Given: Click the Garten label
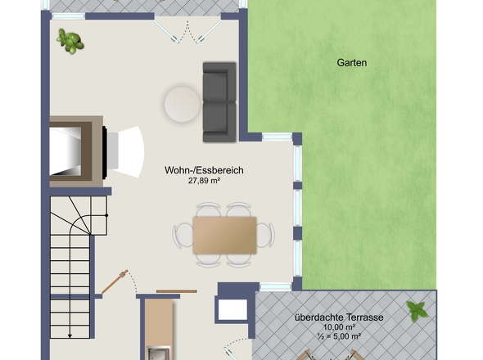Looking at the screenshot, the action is (351, 63).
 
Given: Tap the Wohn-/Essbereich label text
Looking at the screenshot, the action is (204, 170).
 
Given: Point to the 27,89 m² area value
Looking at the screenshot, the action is (204, 181).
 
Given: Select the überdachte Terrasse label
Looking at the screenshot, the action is (339, 317).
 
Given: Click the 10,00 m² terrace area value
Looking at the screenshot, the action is (339, 327).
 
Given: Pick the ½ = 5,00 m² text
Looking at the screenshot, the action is (339, 336).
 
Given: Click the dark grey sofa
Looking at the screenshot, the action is (219, 102).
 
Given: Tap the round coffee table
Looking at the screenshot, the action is (182, 104).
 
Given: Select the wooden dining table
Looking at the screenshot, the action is (224, 236).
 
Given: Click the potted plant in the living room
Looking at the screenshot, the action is (70, 41).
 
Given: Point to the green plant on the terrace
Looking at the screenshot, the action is (417, 311).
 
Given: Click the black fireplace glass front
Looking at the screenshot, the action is (105, 152).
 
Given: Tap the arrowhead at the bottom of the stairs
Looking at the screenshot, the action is (70, 336).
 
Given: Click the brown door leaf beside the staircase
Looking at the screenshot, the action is (115, 281).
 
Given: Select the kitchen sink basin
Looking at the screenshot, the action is (159, 353).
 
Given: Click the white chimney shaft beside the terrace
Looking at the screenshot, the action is (232, 309).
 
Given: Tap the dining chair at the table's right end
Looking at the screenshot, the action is (265, 236).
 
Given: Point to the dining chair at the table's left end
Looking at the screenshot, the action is (183, 236).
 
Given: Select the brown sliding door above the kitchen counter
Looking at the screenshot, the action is (177, 291).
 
